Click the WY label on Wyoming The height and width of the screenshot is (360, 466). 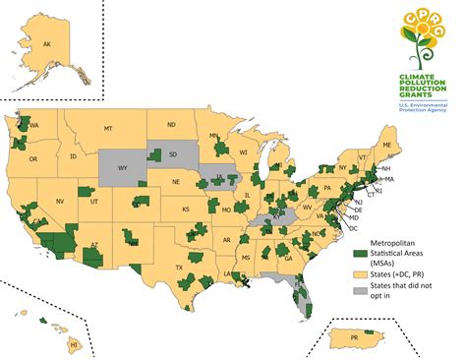point(123,166)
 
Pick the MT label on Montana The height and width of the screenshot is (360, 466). point(109,129)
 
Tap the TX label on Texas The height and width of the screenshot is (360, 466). point(180,267)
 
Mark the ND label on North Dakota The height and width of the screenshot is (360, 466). point(171,125)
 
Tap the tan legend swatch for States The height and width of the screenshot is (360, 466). point(359,271)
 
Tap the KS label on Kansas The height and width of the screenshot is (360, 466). point(185,210)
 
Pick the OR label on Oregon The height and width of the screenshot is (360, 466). point(32,159)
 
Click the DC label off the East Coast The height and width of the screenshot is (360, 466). point(352,227)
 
